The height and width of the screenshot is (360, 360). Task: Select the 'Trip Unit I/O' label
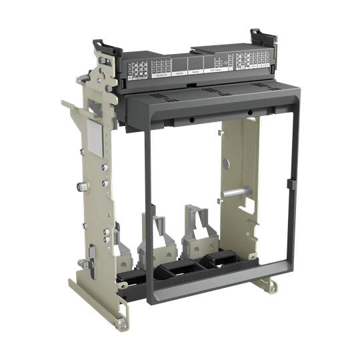161,76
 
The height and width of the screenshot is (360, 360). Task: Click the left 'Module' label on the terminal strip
180,74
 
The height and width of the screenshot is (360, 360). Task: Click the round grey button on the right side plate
227,162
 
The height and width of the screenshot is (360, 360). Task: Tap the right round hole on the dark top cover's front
249,112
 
